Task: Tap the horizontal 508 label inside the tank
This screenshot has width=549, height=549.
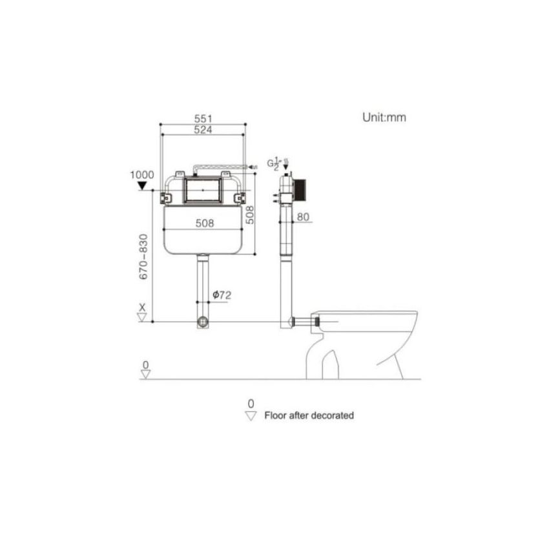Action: point(204,223)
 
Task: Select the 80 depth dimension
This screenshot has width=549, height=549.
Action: point(304,217)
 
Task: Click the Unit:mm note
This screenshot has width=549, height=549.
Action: point(384,118)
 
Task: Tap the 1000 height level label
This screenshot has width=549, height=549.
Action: point(141,175)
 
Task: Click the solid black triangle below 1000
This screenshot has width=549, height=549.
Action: point(141,186)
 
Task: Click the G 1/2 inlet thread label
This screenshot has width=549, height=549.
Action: point(274,163)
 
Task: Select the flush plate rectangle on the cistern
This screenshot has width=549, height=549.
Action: point(204,192)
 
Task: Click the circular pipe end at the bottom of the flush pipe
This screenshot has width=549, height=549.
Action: point(204,321)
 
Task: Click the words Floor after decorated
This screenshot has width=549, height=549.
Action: point(309,416)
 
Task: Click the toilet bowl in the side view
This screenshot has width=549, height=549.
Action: point(375,336)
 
